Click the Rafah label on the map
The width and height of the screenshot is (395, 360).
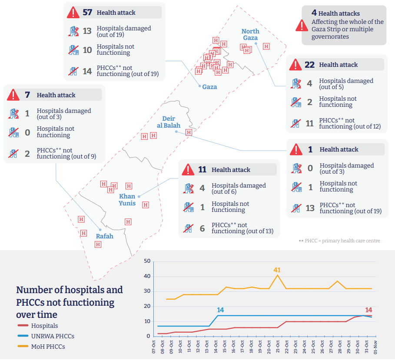(x=104, y=236)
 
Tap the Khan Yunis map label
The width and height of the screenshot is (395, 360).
(x=127, y=200)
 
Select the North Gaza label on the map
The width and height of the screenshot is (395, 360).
(x=250, y=34)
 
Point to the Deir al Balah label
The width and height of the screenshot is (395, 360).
(x=169, y=122)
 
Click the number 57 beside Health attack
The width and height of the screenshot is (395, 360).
(x=87, y=13)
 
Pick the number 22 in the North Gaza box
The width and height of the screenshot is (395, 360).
(x=309, y=65)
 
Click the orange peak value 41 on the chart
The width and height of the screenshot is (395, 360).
(x=277, y=270)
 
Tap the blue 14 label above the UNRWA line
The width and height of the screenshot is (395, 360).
(x=220, y=310)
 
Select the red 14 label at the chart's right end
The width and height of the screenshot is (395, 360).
(x=368, y=310)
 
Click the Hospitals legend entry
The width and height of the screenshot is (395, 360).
(x=44, y=326)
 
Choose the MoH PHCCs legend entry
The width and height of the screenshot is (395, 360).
(x=48, y=347)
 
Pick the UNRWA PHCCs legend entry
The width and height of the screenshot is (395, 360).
(x=53, y=336)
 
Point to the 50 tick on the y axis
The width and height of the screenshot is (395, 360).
(x=147, y=261)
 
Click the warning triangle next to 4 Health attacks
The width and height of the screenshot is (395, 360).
(x=302, y=25)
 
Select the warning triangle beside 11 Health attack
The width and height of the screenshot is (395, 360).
(x=188, y=169)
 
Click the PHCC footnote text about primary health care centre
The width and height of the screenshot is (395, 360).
(x=339, y=241)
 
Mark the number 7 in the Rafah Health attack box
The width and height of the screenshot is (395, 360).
(x=27, y=95)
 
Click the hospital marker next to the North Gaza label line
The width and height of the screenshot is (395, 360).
(x=266, y=46)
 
